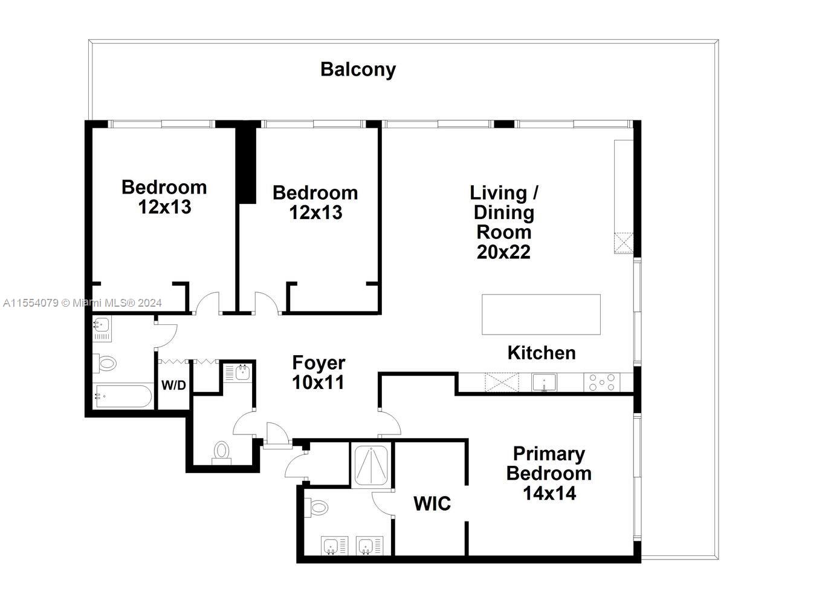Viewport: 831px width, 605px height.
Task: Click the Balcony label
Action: [358, 70]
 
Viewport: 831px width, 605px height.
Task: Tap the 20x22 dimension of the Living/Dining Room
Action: [503, 252]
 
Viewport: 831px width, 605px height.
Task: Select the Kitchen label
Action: [541, 353]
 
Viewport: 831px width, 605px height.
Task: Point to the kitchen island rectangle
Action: [541, 314]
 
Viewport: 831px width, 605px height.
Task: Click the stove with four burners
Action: [601, 382]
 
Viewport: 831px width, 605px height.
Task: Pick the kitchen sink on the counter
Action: [544, 382]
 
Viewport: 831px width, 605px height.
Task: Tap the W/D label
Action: [173, 385]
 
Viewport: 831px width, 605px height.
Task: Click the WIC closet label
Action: [432, 503]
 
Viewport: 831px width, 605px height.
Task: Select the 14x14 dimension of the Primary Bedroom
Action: [549, 493]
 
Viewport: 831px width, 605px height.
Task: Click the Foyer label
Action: [318, 363]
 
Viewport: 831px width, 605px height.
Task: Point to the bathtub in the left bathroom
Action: [123, 397]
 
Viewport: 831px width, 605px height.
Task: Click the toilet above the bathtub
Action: [105, 364]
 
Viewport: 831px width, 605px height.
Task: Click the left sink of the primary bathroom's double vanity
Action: [332, 546]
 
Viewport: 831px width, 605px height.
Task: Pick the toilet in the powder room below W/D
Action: [222, 452]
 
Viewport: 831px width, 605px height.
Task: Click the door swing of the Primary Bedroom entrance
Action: [390, 422]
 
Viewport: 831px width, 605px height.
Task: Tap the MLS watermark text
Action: [82, 303]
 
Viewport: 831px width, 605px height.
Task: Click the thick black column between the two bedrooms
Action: [246, 163]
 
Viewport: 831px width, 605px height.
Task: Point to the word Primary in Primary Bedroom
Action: [549, 454]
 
